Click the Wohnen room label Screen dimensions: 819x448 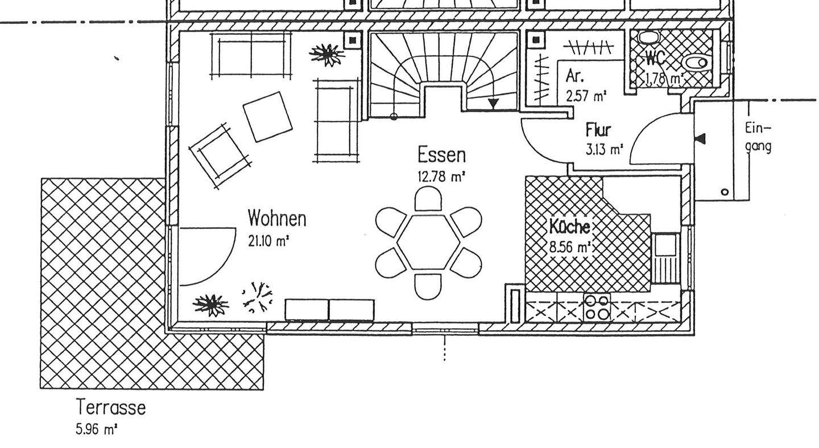click(277, 218)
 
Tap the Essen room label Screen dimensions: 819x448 click(441, 155)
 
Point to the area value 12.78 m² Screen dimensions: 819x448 click(441, 176)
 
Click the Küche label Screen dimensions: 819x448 click(569, 227)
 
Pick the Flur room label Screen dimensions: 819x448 click(598, 130)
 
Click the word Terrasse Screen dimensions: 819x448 click(111, 408)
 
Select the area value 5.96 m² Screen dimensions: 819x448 click(96, 429)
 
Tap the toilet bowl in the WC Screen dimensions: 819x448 click(696, 62)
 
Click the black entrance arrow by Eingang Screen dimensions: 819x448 click(701, 139)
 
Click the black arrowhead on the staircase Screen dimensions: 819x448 click(493, 104)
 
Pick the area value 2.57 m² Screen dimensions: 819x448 click(585, 96)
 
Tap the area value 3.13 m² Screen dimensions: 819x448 click(604, 150)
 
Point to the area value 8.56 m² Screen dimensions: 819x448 click(569, 248)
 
